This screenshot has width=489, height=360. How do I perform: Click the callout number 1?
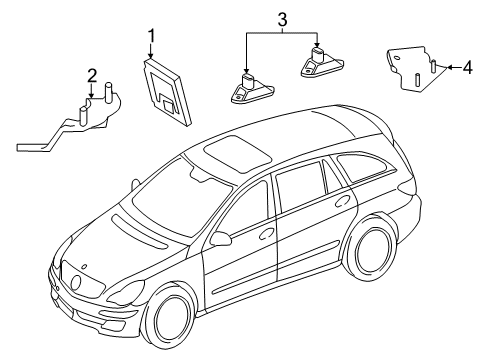tap(152, 36)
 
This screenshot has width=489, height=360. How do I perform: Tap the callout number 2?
tap(92, 76)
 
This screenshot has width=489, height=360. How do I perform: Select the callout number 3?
tap(282, 20)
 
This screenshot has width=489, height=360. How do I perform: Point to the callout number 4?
tap(467, 67)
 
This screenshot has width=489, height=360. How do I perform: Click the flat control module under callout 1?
tap(167, 93)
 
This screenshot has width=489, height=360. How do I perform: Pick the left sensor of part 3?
tap(252, 90)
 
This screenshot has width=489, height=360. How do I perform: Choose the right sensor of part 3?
tap(322, 63)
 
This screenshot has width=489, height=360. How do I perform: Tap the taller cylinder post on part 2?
tap(109, 92)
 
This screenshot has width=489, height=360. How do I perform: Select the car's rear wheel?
tap(373, 250)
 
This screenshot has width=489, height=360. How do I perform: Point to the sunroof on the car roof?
tap(237, 153)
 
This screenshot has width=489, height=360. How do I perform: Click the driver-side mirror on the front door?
tap(221, 239)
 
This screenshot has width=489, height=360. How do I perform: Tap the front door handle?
tap(267, 233)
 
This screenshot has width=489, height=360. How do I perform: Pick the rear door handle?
tap(342, 201)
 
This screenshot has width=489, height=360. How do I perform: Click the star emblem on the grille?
tap(76, 283)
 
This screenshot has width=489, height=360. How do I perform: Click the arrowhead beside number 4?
tap(449, 67)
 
